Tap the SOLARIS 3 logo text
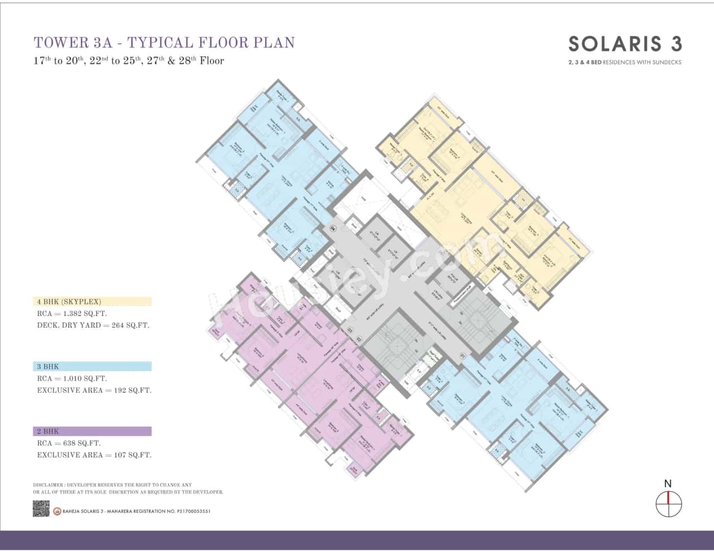625,44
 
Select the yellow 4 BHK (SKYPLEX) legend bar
92,301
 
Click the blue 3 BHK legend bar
92,367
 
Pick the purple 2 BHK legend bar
92,431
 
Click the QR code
41,508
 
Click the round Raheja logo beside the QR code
57,511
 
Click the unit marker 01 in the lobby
462,356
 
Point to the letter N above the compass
668,483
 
